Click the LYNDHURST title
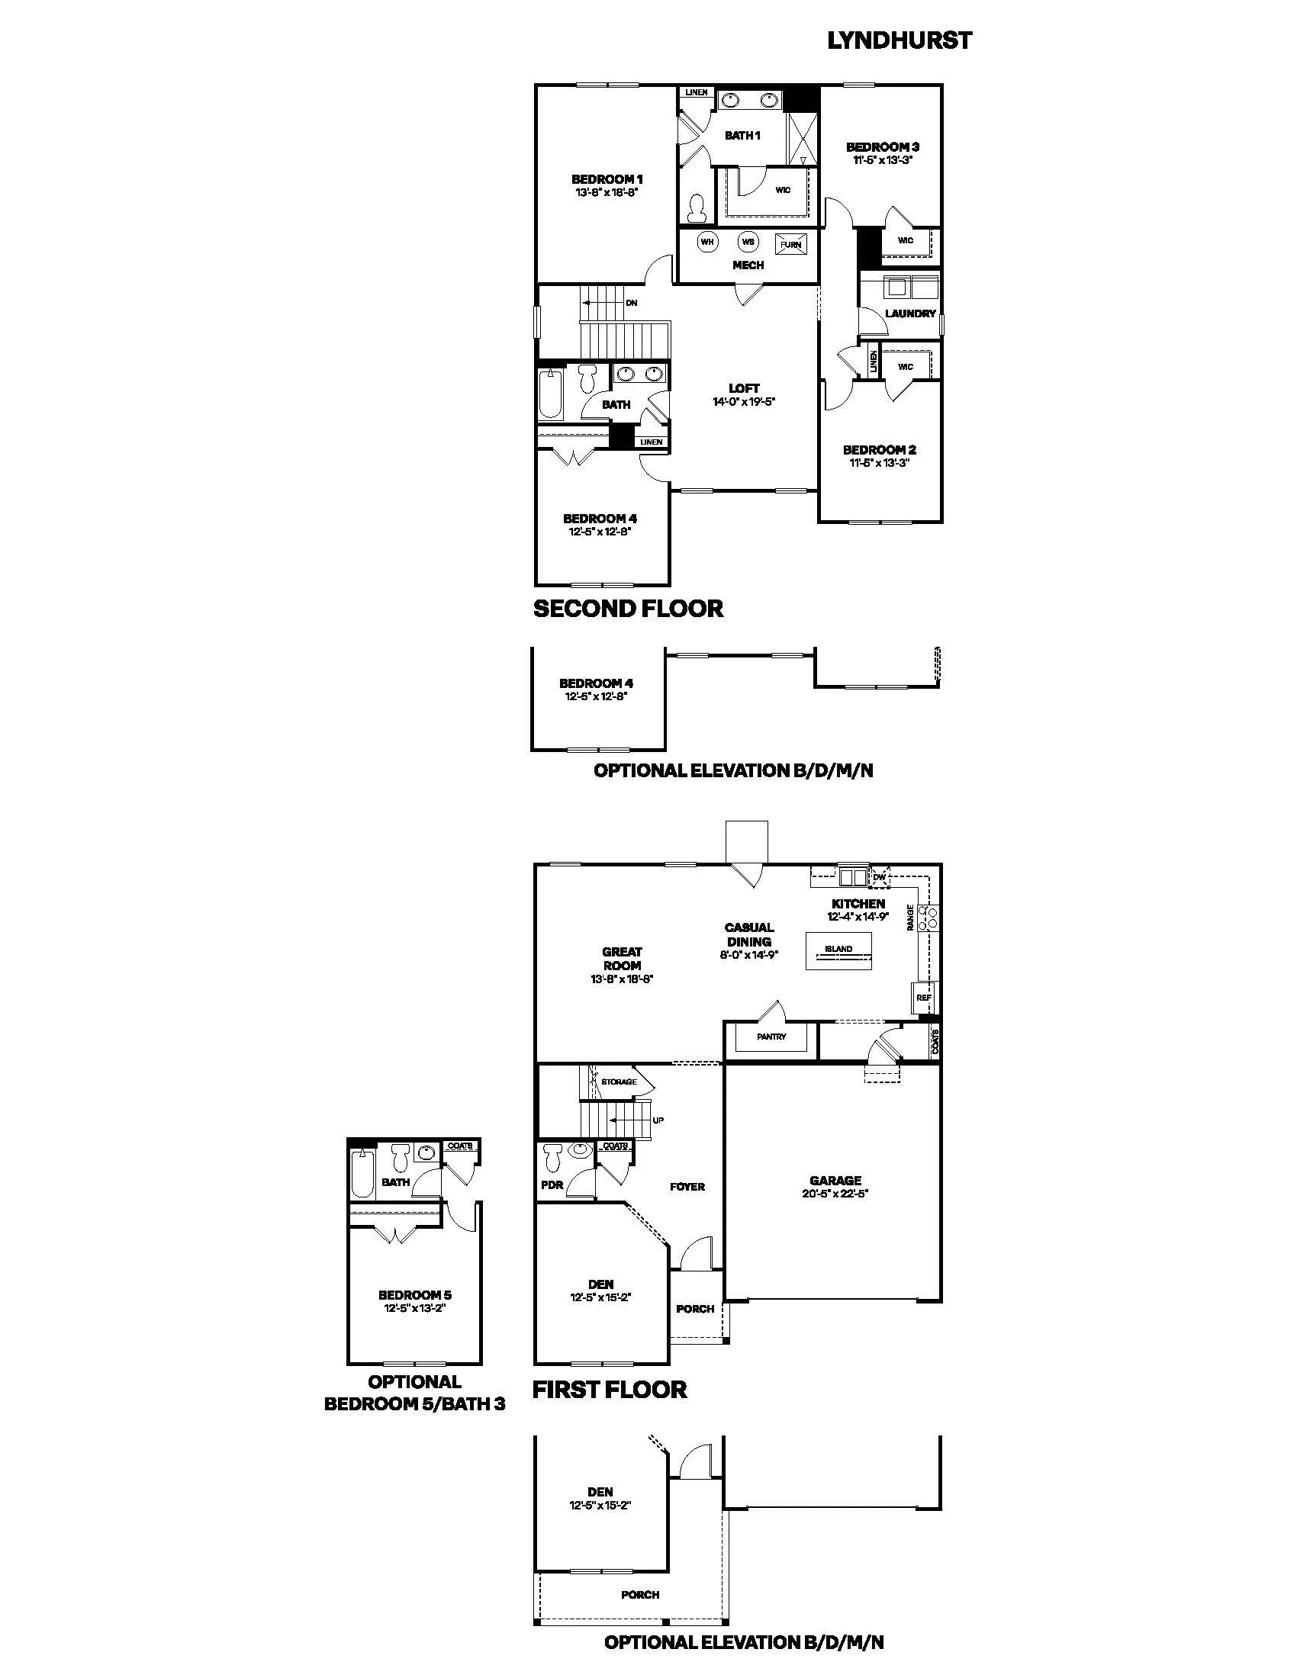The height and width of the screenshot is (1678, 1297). coord(899,40)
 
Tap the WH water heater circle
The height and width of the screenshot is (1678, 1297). coord(707,242)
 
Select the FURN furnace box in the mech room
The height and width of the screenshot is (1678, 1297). coord(790,244)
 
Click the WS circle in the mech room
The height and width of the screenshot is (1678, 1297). coord(748,242)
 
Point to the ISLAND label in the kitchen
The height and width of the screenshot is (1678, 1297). coord(838,949)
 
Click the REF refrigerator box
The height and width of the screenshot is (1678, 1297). coord(924,998)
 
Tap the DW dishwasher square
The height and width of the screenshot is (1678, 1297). coord(880,876)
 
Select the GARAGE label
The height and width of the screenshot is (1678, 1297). coord(835,1181)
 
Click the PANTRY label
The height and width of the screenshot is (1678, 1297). coord(771,1037)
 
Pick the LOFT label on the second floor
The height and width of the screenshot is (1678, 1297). coord(744,389)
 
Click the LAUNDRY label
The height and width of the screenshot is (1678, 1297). coord(910,313)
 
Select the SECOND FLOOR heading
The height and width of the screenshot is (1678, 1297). coord(629,609)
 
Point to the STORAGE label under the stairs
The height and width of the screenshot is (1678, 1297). coord(619,1082)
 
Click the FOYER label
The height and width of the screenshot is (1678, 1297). coord(687,1186)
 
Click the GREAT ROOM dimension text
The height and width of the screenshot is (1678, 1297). coord(622,979)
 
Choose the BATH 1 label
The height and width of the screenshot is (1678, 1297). coord(742,135)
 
